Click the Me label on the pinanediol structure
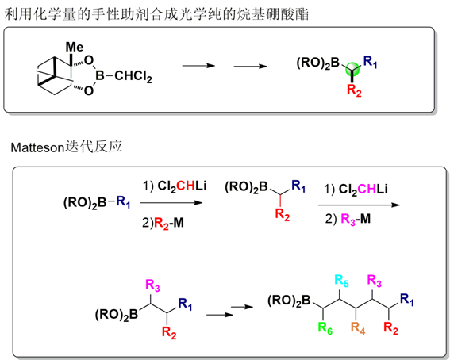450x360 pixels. [75, 47]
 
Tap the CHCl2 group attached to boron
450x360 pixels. [133, 76]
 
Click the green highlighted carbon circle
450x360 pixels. [352, 70]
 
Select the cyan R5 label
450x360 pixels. [341, 281]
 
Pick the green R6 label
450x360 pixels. [325, 328]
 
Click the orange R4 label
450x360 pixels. [358, 328]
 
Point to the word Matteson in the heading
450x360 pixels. [37, 147]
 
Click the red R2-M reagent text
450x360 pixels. [169, 223]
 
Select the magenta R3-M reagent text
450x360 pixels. [356, 220]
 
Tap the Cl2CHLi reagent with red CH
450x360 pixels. [182, 186]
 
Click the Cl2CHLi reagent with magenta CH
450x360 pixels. [363, 190]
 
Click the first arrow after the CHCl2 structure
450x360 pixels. [198, 66]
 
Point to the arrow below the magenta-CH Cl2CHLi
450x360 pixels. [359, 205]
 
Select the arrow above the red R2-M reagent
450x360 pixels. [171, 203]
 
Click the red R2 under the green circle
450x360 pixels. [354, 90]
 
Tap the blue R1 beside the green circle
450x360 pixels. [370, 62]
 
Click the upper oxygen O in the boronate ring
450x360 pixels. [89, 60]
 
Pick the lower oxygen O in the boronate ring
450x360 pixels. [89, 90]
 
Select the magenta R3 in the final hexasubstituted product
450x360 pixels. [375, 281]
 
